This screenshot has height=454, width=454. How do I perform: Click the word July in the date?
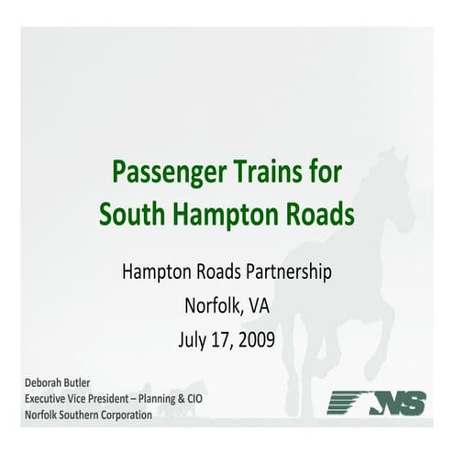(x=194, y=338)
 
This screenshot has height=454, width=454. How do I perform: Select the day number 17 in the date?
(x=223, y=338)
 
